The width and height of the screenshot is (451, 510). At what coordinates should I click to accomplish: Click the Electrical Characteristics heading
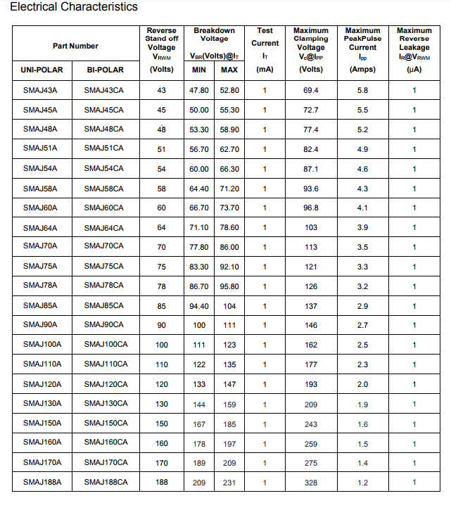[x=74, y=7]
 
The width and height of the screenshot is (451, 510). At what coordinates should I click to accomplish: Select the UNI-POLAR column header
[x=43, y=70]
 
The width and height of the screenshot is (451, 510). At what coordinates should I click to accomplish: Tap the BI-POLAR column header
[x=105, y=70]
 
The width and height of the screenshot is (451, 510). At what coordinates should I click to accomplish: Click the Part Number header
[x=75, y=46]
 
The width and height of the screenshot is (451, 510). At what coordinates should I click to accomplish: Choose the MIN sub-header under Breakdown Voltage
[x=199, y=70]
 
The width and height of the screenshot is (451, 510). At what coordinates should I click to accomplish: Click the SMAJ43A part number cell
[x=40, y=91]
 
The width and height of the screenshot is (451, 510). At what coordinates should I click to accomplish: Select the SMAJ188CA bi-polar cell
[x=106, y=482]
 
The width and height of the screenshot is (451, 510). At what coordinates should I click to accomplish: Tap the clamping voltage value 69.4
[x=311, y=91]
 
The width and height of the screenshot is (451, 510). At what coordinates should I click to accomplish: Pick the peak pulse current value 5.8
[x=362, y=91]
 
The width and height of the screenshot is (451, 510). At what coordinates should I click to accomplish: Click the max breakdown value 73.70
[x=229, y=208]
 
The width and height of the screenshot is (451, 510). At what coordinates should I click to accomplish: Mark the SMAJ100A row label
[x=42, y=345]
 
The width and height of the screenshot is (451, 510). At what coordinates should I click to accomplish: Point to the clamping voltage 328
[x=311, y=483]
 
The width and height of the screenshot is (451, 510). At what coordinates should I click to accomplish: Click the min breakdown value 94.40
[x=199, y=306]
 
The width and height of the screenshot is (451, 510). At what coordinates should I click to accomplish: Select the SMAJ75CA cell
[x=103, y=267]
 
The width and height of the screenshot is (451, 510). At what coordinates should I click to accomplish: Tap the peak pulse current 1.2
[x=362, y=483]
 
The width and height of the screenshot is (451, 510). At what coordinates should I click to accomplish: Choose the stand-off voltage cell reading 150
[x=162, y=423]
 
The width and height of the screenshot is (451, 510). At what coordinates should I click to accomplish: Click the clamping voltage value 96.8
[x=311, y=208]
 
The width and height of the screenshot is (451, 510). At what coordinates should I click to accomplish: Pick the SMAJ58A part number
[x=40, y=189]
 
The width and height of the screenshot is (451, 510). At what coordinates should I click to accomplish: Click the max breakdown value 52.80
[x=229, y=91]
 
